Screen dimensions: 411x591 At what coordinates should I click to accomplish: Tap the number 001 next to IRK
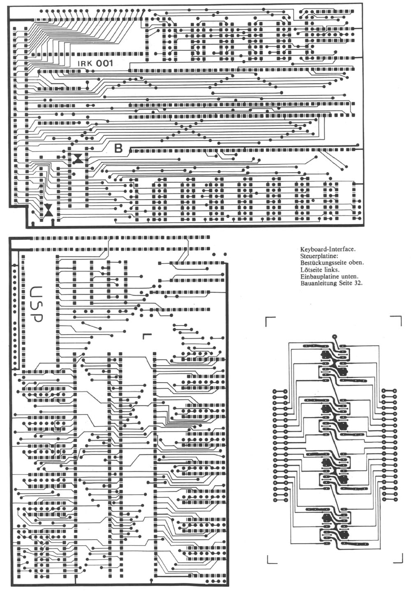click(x=104, y=63)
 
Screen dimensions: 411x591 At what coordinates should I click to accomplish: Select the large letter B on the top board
click(x=118, y=149)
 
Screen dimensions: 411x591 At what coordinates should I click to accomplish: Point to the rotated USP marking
click(x=36, y=304)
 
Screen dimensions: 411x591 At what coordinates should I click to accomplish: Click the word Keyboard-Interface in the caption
click(x=328, y=249)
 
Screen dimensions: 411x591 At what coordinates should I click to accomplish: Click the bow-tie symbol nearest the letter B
click(x=78, y=158)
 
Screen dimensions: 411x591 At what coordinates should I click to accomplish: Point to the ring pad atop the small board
click(x=335, y=337)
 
